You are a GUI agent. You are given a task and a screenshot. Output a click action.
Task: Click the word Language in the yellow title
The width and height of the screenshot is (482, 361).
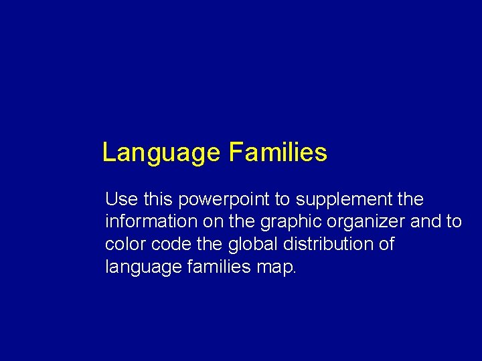[161, 153]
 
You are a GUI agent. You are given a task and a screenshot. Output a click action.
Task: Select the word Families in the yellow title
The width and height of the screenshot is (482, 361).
[278, 153]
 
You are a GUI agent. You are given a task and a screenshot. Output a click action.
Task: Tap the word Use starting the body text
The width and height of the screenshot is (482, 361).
[120, 199]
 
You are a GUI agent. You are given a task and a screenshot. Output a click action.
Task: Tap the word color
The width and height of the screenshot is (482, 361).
[123, 244]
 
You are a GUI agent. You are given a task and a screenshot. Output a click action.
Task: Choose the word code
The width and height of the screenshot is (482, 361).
[165, 244]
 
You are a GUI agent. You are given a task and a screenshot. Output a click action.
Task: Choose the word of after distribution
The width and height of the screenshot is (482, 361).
[386, 244]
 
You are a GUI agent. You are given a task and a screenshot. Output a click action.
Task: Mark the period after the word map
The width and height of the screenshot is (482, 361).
[294, 271]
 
